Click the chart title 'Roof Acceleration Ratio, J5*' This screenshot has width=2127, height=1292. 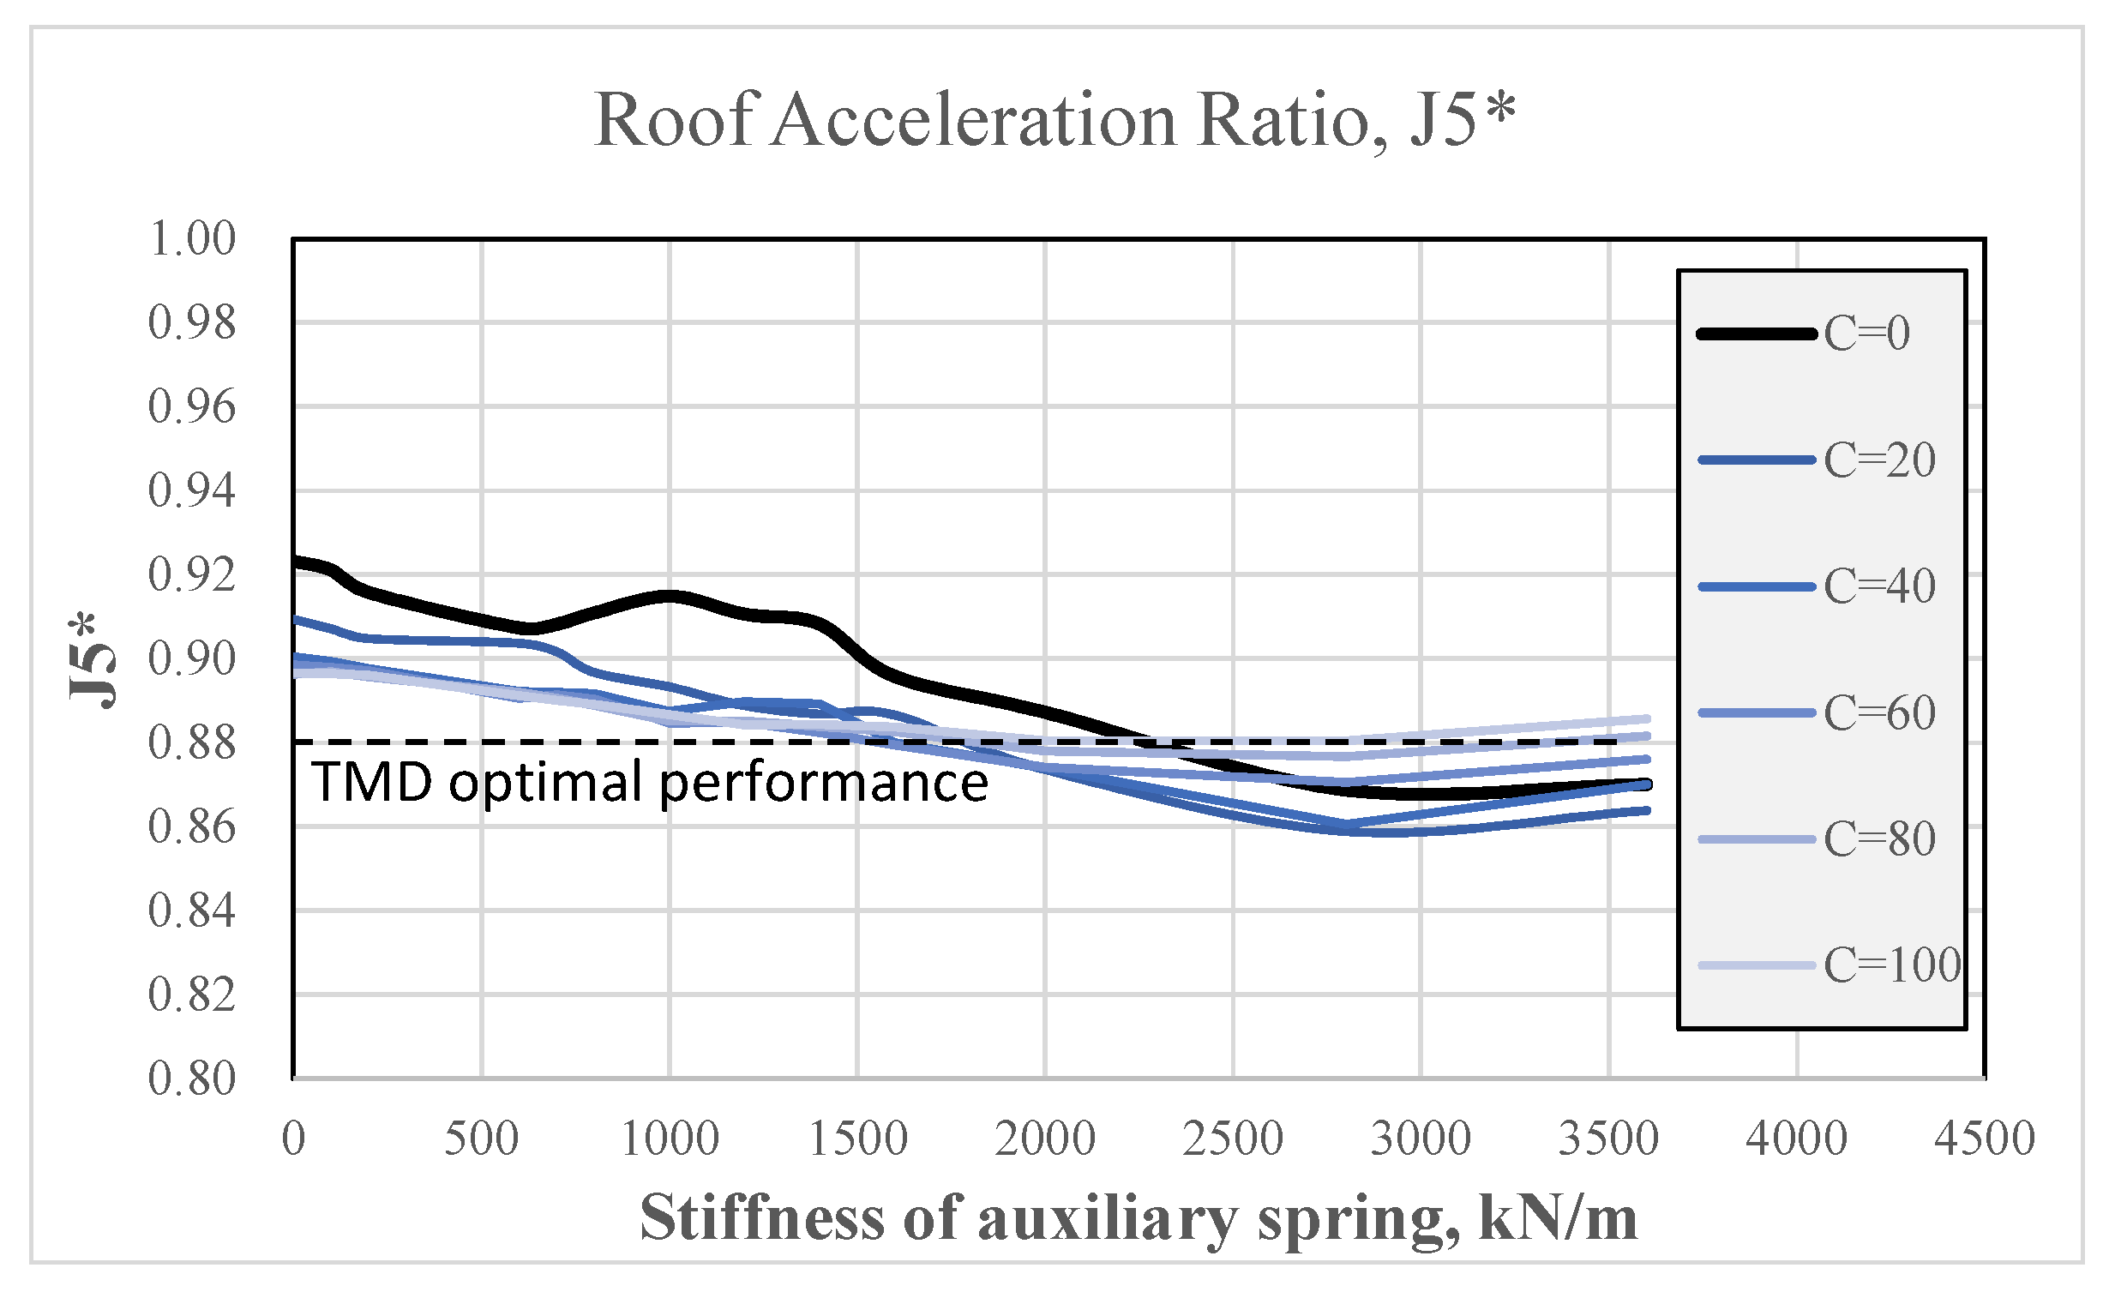[x=1054, y=121]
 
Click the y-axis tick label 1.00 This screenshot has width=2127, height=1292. [x=192, y=239]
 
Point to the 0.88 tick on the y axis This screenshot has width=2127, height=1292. [x=192, y=743]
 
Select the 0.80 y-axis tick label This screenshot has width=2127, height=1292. [x=192, y=1079]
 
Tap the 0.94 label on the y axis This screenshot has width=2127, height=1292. [x=192, y=491]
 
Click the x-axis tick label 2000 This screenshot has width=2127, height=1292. [x=1044, y=1139]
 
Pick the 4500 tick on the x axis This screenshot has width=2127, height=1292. [x=1984, y=1139]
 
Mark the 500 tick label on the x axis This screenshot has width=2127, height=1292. [x=481, y=1139]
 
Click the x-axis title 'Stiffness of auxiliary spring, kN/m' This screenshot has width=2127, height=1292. [x=1138, y=1217]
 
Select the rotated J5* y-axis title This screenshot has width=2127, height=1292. [x=92, y=660]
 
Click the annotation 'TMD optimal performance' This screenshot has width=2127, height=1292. [x=649, y=782]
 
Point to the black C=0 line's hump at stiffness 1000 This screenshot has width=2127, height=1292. [x=669, y=596]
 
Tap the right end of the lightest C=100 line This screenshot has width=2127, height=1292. [x=1647, y=719]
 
